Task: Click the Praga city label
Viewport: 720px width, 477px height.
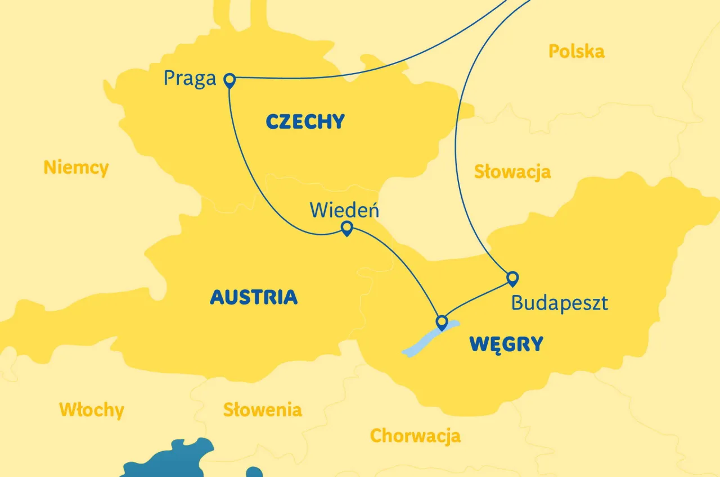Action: [x=190, y=78]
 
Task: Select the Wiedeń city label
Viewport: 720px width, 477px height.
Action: [x=344, y=210]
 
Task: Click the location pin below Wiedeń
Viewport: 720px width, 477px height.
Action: [x=347, y=228]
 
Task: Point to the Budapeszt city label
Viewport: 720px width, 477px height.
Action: [x=559, y=303]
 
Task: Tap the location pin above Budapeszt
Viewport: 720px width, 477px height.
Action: [x=512, y=278]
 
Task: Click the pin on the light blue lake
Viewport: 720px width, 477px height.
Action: [x=442, y=322]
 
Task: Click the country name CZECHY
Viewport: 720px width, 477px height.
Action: [x=305, y=121]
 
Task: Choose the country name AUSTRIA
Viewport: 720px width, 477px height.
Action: [x=254, y=297]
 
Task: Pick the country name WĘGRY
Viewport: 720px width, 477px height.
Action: [x=507, y=344]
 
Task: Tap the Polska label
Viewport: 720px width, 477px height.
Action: [x=577, y=52]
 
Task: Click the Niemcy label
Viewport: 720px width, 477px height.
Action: [x=76, y=167]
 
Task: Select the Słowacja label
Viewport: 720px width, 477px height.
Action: [x=512, y=172]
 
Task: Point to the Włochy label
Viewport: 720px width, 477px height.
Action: [x=91, y=410]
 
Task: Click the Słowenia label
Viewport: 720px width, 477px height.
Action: [x=262, y=410]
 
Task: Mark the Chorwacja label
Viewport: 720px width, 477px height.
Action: [x=415, y=435]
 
